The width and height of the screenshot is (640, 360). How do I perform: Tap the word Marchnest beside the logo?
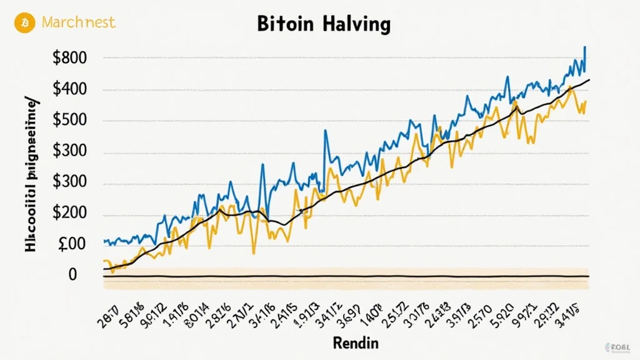pos(78,22)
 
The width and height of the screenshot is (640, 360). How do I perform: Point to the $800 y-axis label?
pos(70,59)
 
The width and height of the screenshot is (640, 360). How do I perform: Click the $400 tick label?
pos(70,90)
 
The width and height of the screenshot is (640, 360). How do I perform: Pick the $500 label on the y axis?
pos(70,121)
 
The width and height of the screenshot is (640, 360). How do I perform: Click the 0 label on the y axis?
pos(72,275)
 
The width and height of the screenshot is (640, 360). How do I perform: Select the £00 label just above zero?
pos(71,245)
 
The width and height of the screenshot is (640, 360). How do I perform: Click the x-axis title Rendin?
pos(355,343)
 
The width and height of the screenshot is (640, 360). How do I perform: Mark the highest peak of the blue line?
pos(584,47)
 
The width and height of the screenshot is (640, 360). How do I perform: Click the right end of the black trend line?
pos(589,80)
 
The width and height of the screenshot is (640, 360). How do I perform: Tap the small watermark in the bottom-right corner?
pos(620,348)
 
